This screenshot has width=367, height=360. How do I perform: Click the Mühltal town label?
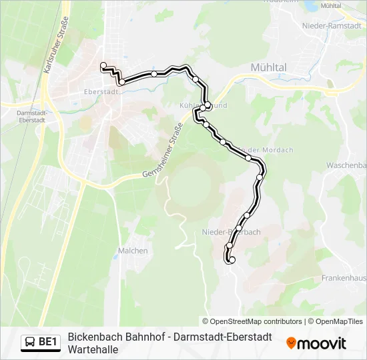pyautogui.click(x=268, y=67)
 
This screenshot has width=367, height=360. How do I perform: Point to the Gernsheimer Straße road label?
pyautogui.click(x=163, y=153)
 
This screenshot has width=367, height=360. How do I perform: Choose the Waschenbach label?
pyautogui.click(x=346, y=165)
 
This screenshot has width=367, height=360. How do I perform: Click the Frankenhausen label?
pyautogui.click(x=343, y=277)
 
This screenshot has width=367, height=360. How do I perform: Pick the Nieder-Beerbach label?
pyautogui.click(x=231, y=232)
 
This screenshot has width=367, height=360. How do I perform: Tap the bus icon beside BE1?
pyautogui.click(x=31, y=343)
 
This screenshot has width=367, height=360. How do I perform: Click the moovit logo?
pyautogui.click(x=316, y=343)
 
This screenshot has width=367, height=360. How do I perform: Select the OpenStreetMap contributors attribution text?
pyautogui.click(x=252, y=321)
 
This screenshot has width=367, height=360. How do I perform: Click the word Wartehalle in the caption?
pyautogui.click(x=93, y=349)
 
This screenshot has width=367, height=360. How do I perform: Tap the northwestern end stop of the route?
pyautogui.click(x=103, y=65)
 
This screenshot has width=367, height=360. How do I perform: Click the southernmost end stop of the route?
pyautogui.click(x=232, y=260)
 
